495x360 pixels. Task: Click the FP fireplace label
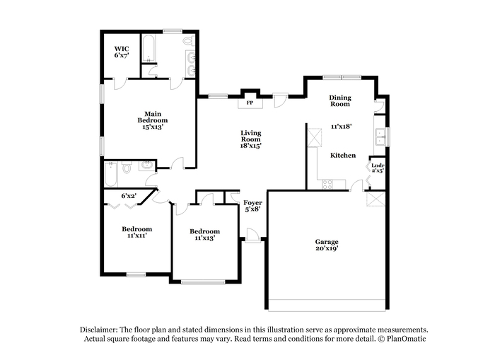point(250,103)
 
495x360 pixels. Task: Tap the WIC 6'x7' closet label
point(122,52)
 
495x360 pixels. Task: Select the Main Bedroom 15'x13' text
point(153,120)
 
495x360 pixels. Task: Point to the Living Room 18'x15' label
point(251,139)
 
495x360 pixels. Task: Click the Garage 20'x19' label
point(327,245)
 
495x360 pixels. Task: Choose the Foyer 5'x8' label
point(252,206)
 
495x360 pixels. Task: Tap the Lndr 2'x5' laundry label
point(378,168)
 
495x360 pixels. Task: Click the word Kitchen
point(343,155)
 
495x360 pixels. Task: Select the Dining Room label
point(340,100)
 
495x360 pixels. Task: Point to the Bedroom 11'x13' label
point(204,235)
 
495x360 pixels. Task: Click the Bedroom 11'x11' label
point(137,232)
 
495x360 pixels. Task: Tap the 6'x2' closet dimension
point(129,196)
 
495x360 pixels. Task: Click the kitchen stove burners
point(327,185)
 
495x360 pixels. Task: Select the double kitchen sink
point(381,137)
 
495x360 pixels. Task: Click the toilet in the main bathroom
point(189,41)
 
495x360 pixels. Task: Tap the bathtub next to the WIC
point(148,48)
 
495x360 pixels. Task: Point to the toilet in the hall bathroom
point(127,168)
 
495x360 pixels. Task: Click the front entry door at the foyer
point(252,236)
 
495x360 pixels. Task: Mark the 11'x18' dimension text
point(342,127)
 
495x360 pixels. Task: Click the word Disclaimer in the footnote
point(99,330)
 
